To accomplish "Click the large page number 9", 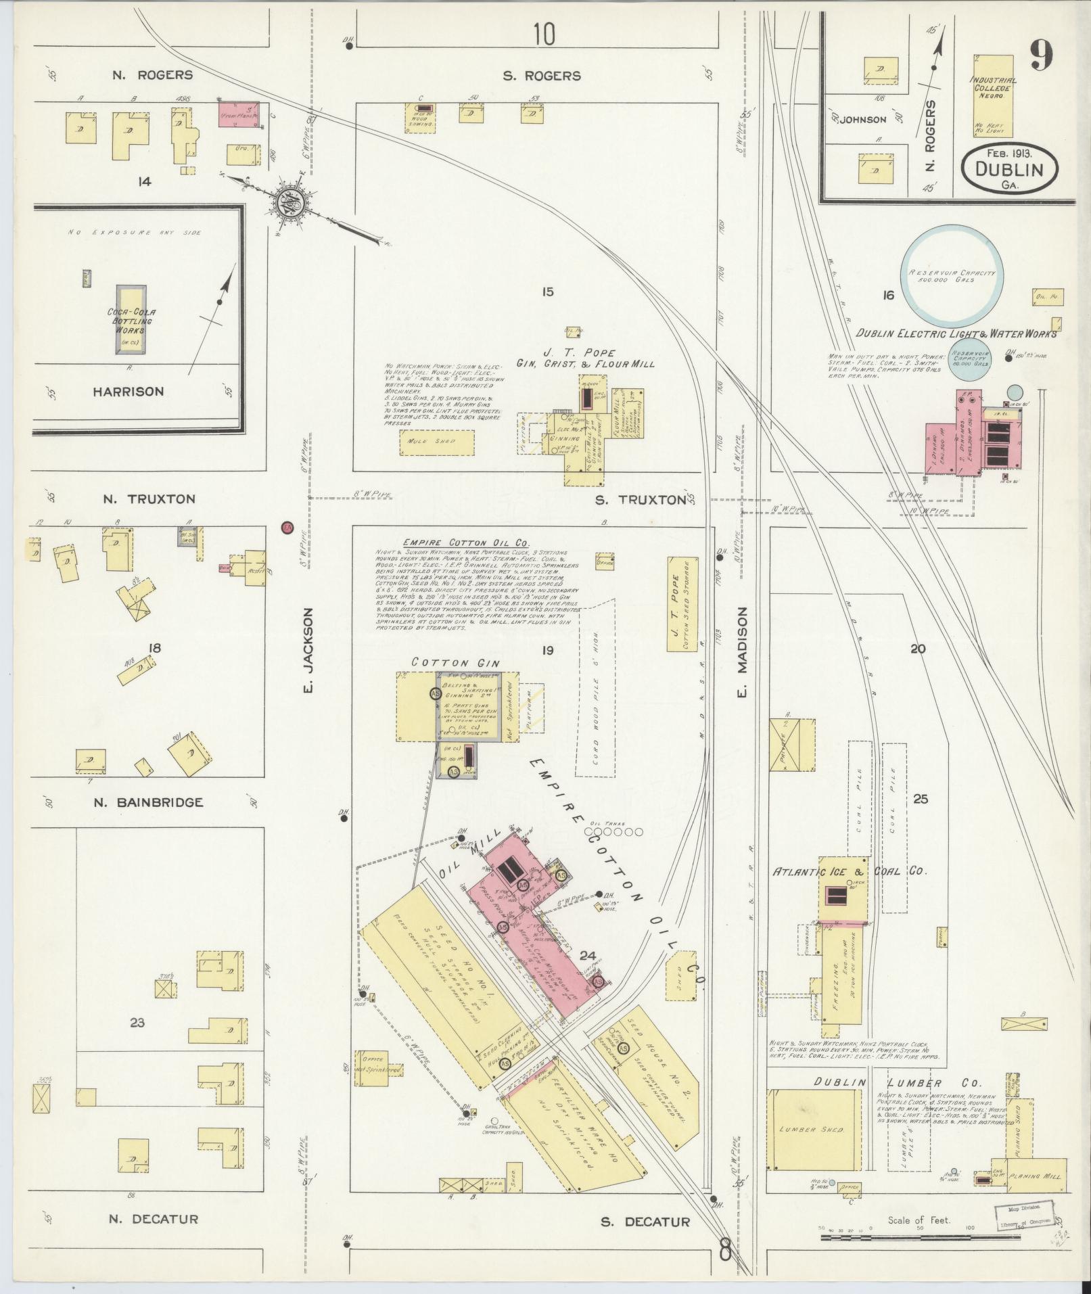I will click(1042, 56).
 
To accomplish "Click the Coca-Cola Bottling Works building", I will click(131, 319).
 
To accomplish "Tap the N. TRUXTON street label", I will click(149, 499).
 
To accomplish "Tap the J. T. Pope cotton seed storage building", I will click(681, 604).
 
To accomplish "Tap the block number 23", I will click(137, 1042).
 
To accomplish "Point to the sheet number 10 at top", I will click(543, 34).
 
